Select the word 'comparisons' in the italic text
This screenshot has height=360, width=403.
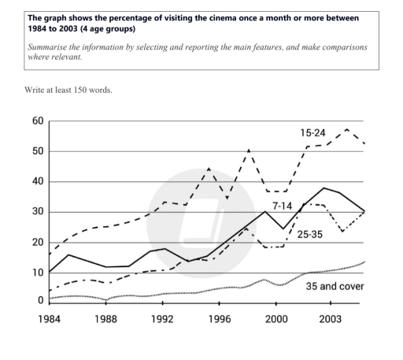[x=334, y=46]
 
